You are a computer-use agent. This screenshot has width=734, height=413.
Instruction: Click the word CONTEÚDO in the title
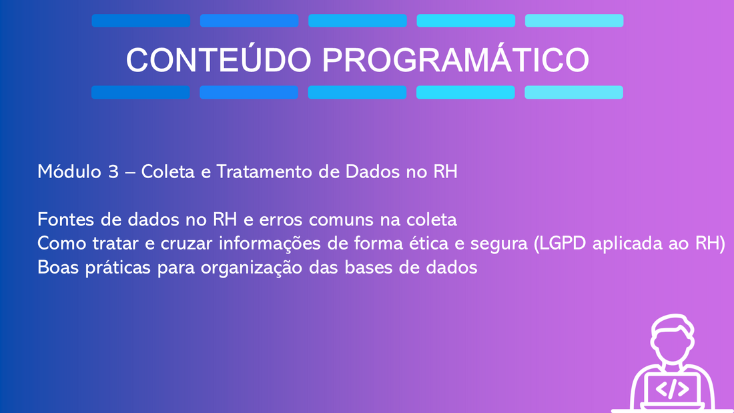pyautogui.click(x=219, y=59)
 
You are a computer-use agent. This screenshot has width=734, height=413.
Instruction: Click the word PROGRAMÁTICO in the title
pyautogui.click(x=456, y=59)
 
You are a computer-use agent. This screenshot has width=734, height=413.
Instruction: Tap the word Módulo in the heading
pyautogui.click(x=69, y=171)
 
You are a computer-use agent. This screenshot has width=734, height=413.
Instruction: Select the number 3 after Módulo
pyautogui.click(x=113, y=172)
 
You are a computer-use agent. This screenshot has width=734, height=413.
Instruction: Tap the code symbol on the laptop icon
pyautogui.click(x=672, y=389)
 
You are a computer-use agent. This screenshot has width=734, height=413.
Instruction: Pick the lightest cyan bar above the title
pyautogui.click(x=574, y=21)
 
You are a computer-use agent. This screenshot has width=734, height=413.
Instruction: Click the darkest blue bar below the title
pyautogui.click(x=140, y=92)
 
